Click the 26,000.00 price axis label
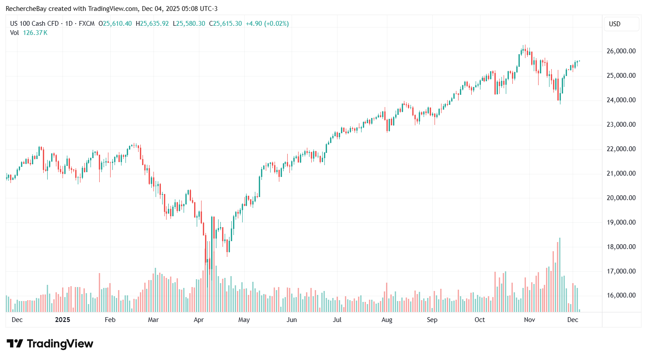621,51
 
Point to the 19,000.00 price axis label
621,222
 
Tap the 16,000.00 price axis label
621,295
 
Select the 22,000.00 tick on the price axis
621,149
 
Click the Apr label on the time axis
198,320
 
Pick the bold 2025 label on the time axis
63,320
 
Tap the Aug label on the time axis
387,320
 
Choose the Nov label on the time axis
529,320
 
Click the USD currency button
615,24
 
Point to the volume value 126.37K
35,33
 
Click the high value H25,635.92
152,24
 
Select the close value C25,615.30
226,24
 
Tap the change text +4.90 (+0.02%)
267,24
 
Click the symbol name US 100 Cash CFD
35,24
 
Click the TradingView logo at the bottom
50,344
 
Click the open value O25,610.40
115,24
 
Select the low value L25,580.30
189,24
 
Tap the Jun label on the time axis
292,320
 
